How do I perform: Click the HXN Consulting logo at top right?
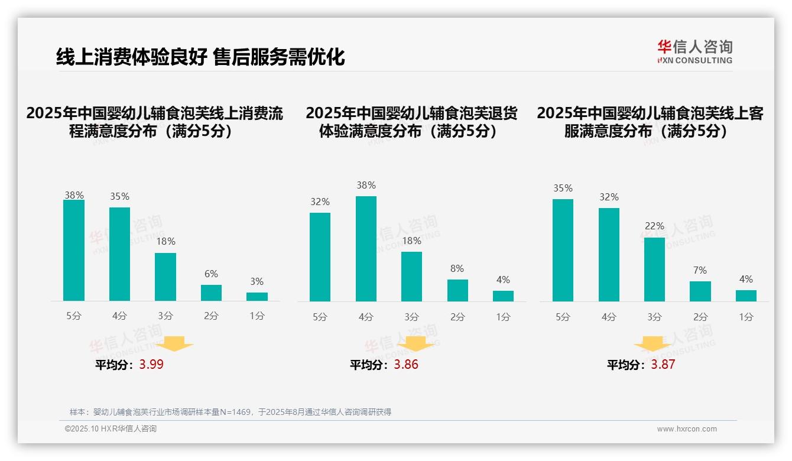tap(694, 51)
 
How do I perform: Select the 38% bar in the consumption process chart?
tap(74, 250)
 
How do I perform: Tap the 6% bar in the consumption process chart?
tap(211, 293)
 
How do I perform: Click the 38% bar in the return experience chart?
tap(366, 248)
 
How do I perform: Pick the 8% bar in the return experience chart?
tap(457, 290)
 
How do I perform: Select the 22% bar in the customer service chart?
tap(654, 269)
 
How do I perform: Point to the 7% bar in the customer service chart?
tap(700, 291)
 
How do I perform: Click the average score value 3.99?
tap(151, 364)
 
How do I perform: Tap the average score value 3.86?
tap(406, 364)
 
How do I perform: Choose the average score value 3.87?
tap(663, 364)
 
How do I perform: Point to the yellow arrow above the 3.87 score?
tap(653, 343)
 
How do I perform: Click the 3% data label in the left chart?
tap(257, 282)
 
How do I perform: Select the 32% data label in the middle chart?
tap(320, 202)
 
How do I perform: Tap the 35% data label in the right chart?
tap(563, 189)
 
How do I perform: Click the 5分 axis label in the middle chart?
tap(320, 317)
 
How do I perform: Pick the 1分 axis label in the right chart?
tap(746, 317)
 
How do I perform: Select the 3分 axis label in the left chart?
tap(165, 316)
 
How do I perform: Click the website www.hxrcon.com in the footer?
tap(687, 429)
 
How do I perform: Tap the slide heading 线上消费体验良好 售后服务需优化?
tap(200, 57)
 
